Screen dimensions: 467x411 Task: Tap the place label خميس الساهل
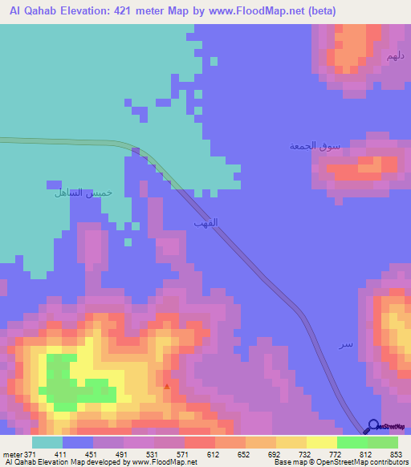click(83, 193)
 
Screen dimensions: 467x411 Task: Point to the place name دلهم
click(393, 56)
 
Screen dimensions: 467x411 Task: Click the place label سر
click(345, 344)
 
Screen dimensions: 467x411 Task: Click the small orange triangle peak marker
click(167, 386)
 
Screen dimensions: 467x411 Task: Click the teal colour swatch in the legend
click(47, 442)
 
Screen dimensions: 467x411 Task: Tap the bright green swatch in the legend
click(352, 442)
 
